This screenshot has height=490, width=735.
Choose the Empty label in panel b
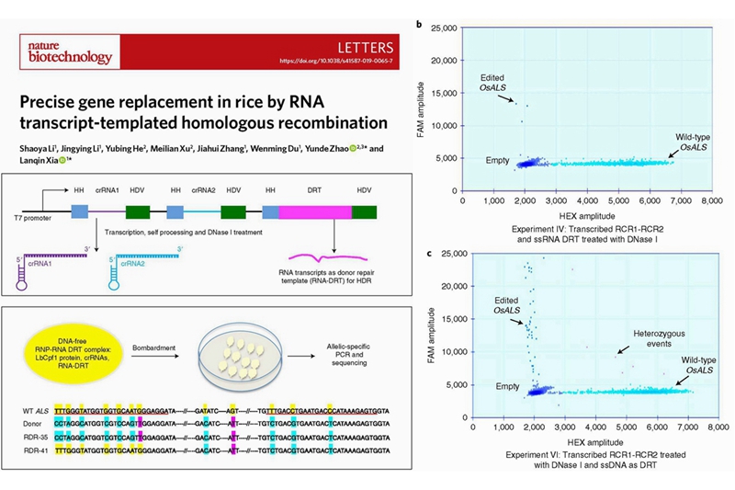click(499, 161)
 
